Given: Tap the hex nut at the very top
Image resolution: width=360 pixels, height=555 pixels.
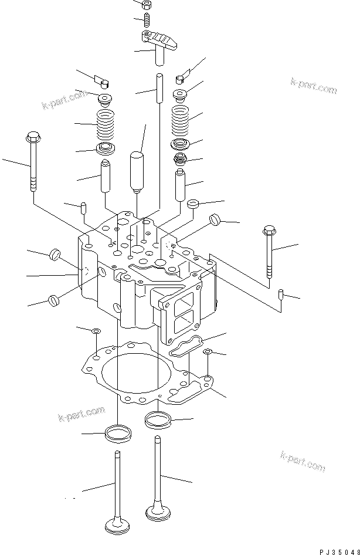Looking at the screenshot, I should click(x=147, y=5).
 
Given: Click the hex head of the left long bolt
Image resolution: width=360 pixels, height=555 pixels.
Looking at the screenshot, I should click(x=32, y=138).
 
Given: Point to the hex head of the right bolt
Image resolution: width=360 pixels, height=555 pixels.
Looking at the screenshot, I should click(x=270, y=230).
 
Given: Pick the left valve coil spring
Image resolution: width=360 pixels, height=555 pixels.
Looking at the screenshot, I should click(x=104, y=124).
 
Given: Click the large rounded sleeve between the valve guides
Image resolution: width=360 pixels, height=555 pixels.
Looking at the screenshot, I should click(x=137, y=171).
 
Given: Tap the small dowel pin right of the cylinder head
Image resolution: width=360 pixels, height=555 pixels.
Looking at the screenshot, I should click(x=281, y=293).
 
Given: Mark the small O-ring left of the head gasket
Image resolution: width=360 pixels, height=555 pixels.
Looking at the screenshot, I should click(x=96, y=333).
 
